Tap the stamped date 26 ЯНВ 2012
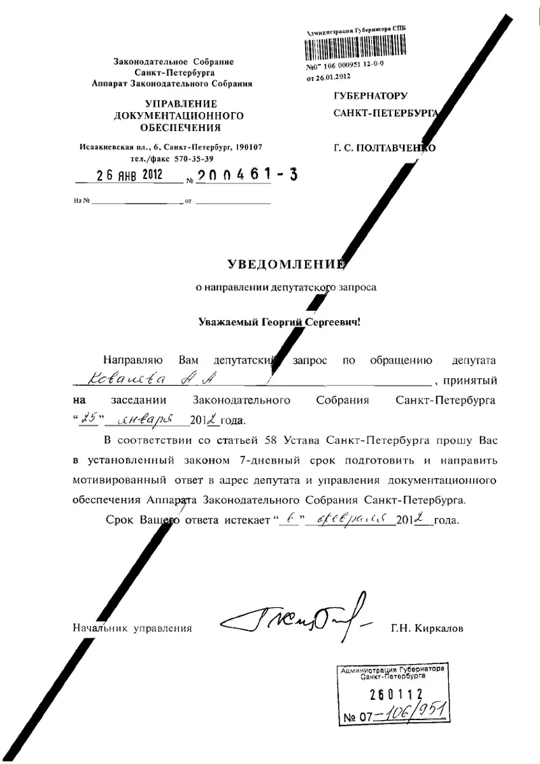coord(129,174)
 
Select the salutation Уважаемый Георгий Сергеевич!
coord(280,322)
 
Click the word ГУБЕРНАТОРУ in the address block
coord(370,96)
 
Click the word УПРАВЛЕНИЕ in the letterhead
coord(181,103)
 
